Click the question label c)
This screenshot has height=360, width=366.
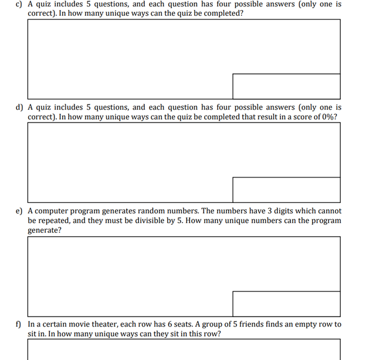[x=20, y=4]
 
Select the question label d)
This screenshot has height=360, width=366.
[x=20, y=107]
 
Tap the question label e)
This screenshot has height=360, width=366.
[x=20, y=210]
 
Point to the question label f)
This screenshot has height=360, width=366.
[x=19, y=324]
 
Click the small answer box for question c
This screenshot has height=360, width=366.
[x=286, y=86]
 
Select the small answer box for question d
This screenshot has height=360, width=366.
[x=286, y=189]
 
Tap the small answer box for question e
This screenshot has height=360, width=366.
[x=286, y=304]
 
